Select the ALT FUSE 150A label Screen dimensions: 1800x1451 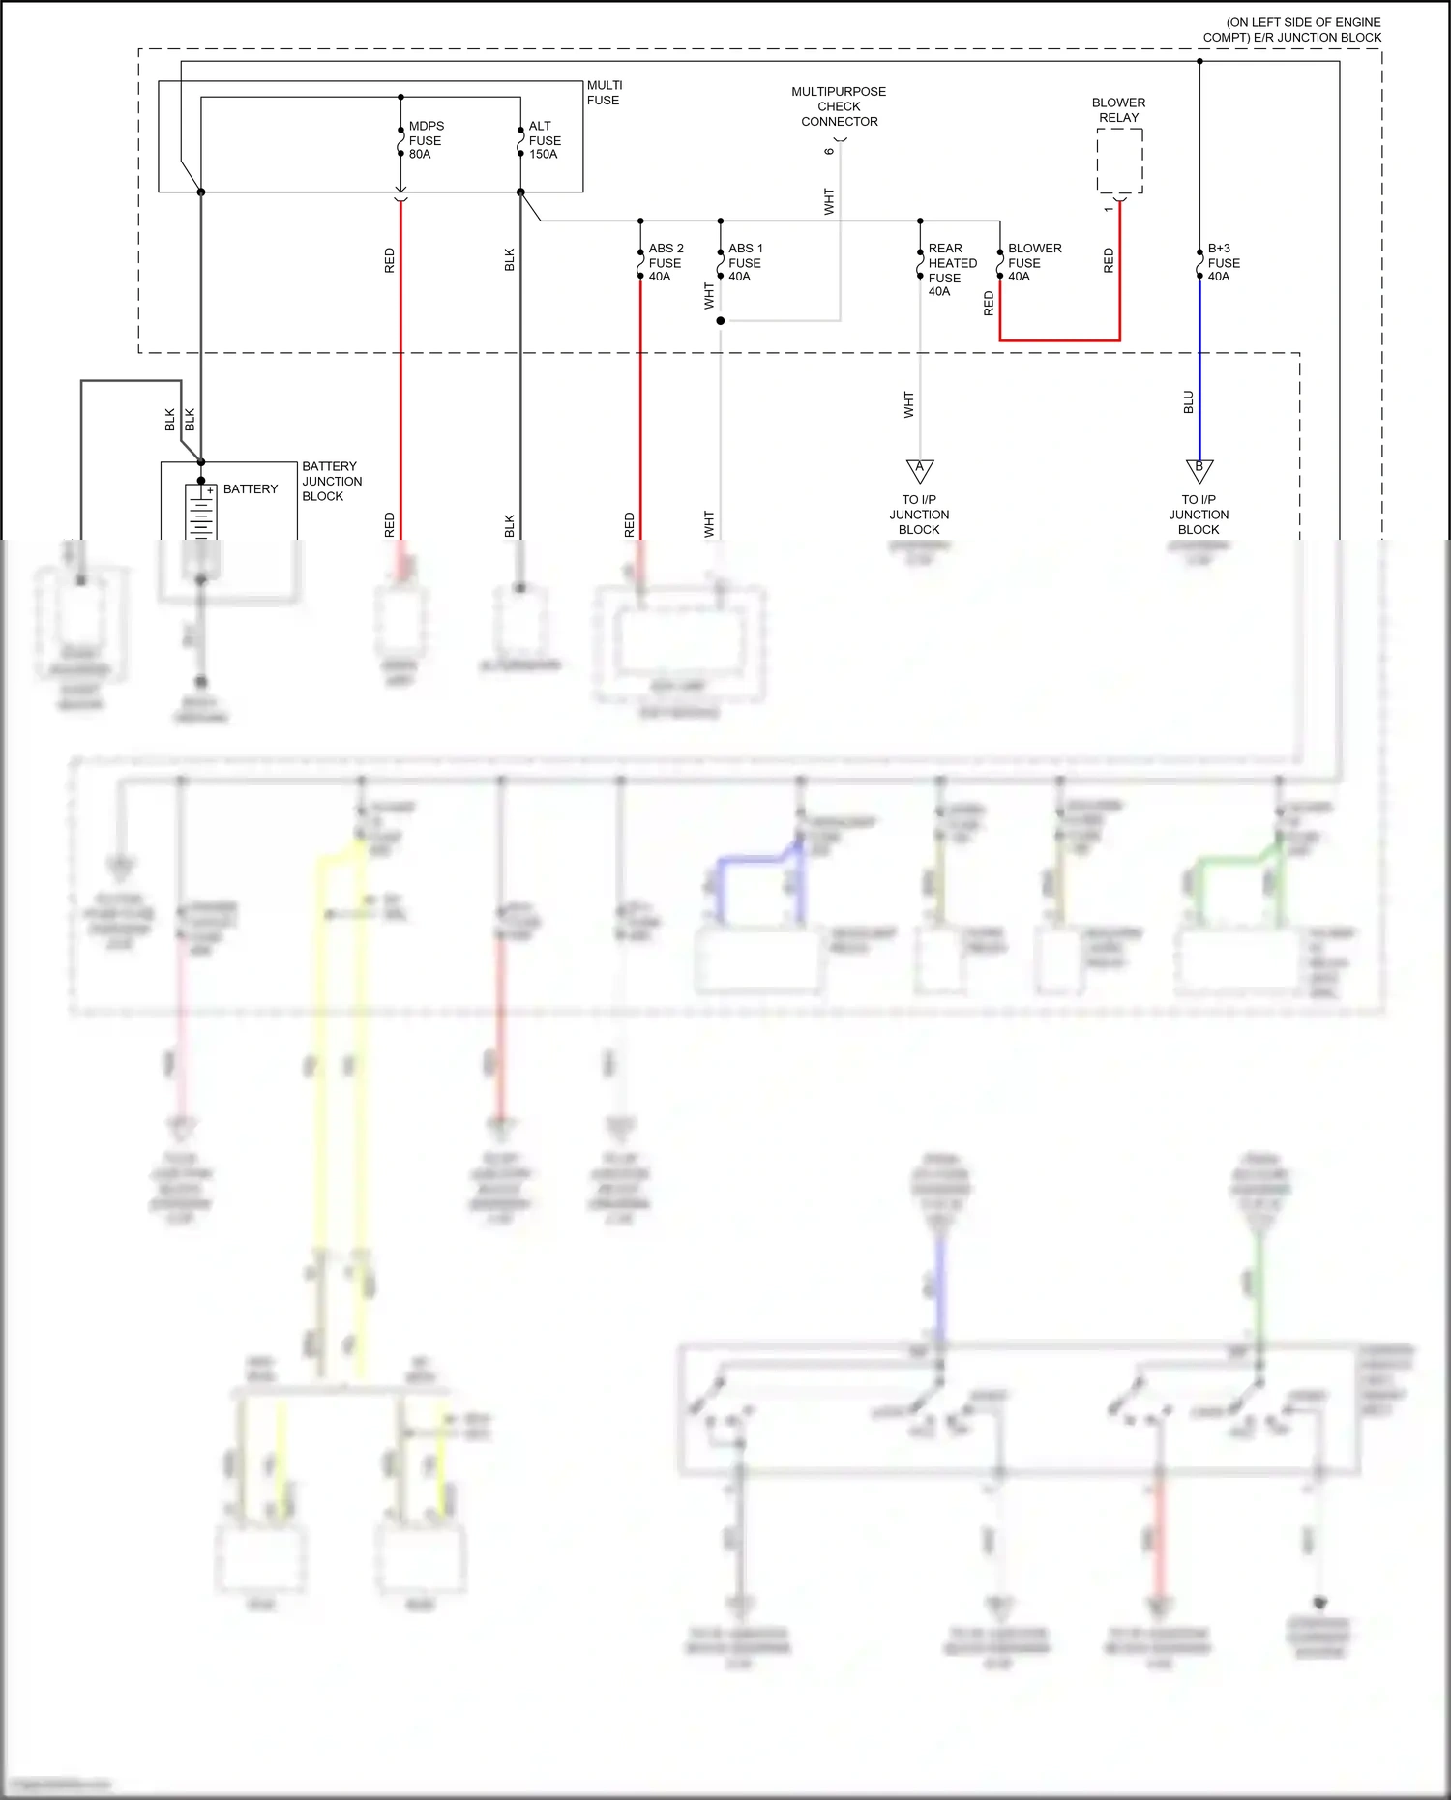(x=544, y=140)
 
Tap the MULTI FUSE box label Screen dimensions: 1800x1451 (x=604, y=93)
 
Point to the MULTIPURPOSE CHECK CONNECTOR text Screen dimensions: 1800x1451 (x=839, y=106)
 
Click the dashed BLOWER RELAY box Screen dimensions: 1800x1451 (x=1119, y=161)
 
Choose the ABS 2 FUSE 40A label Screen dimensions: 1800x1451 (x=665, y=262)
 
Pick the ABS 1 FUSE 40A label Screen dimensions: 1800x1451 (x=744, y=262)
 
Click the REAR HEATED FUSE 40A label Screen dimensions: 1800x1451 (x=951, y=269)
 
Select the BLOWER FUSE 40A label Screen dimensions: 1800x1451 (x=1033, y=262)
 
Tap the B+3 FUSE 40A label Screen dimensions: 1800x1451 (x=1223, y=262)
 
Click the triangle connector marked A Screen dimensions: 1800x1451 (x=919, y=470)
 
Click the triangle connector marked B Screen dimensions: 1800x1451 (x=1199, y=470)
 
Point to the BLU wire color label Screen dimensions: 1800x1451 (x=1188, y=402)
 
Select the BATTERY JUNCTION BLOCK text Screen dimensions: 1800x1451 (x=332, y=481)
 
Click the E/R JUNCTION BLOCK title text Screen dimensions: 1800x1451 (x=1293, y=30)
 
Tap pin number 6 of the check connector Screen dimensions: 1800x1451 (x=829, y=151)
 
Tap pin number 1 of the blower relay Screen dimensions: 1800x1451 (x=1108, y=209)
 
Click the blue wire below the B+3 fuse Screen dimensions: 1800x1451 (x=1199, y=368)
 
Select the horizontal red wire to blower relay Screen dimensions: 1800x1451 (x=1059, y=340)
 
